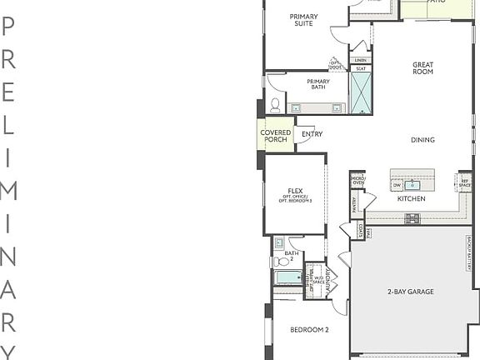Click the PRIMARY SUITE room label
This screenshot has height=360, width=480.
pyautogui.click(x=303, y=20)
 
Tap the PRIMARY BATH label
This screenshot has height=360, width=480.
pyautogui.click(x=317, y=84)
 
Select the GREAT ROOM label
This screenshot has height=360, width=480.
pyautogui.click(x=422, y=68)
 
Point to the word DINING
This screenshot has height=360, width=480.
pyautogui.click(x=422, y=140)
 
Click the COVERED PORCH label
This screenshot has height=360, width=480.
pyautogui.click(x=275, y=136)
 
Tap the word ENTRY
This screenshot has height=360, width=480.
pyautogui.click(x=312, y=134)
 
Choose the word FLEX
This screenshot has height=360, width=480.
pyautogui.click(x=295, y=191)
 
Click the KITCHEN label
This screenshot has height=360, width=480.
pyautogui.click(x=411, y=199)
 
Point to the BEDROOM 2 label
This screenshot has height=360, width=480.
pyautogui.click(x=309, y=330)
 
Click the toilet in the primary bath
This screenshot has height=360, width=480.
pyautogui.click(x=275, y=104)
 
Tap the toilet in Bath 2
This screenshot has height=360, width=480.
pyautogui.click(x=279, y=261)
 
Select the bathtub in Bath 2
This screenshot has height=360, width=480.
pyautogui.click(x=288, y=277)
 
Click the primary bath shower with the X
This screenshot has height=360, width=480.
pyautogui.click(x=361, y=92)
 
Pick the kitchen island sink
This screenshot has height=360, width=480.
pyautogui.click(x=412, y=185)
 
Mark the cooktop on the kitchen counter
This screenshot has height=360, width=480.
pyautogui.click(x=412, y=218)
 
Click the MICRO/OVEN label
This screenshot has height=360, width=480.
pyautogui.click(x=357, y=180)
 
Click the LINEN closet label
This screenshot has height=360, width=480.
pyautogui.click(x=360, y=60)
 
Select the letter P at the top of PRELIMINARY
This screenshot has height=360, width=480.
pyautogui.click(x=9, y=26)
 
